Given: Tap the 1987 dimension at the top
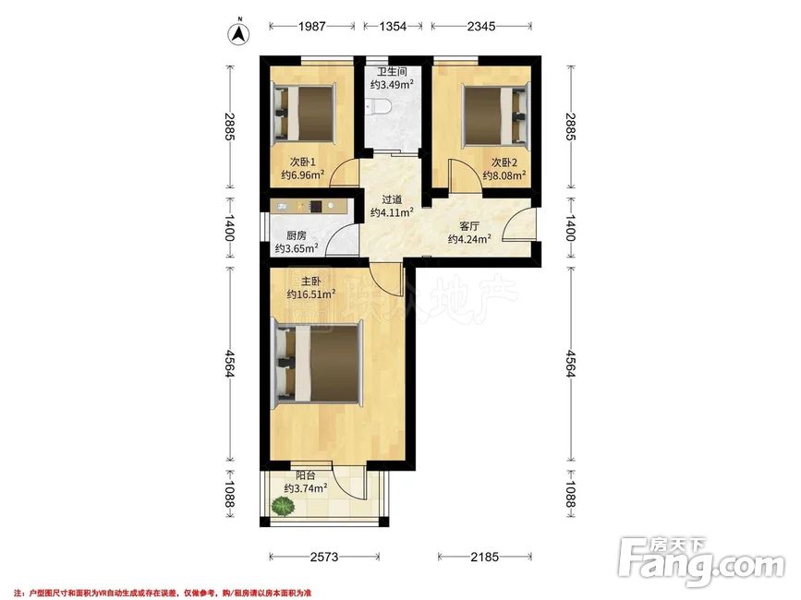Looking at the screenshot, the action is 311,26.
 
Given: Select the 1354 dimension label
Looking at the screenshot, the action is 393,26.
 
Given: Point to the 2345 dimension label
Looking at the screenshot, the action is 481,26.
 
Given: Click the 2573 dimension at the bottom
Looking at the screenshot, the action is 324,557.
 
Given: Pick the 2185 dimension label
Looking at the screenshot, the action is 484,557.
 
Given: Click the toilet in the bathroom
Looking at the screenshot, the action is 379,107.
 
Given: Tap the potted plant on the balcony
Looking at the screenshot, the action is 283,507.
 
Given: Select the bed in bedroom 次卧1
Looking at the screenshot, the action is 304,113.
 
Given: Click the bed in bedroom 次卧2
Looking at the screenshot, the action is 495,115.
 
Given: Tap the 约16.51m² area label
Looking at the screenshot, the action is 311,294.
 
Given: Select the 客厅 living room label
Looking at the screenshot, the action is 469,226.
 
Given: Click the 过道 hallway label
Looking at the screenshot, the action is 392,200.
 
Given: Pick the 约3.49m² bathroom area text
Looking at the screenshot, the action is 392,85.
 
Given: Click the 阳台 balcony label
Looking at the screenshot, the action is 306,475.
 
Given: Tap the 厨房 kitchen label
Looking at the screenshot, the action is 297,235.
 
